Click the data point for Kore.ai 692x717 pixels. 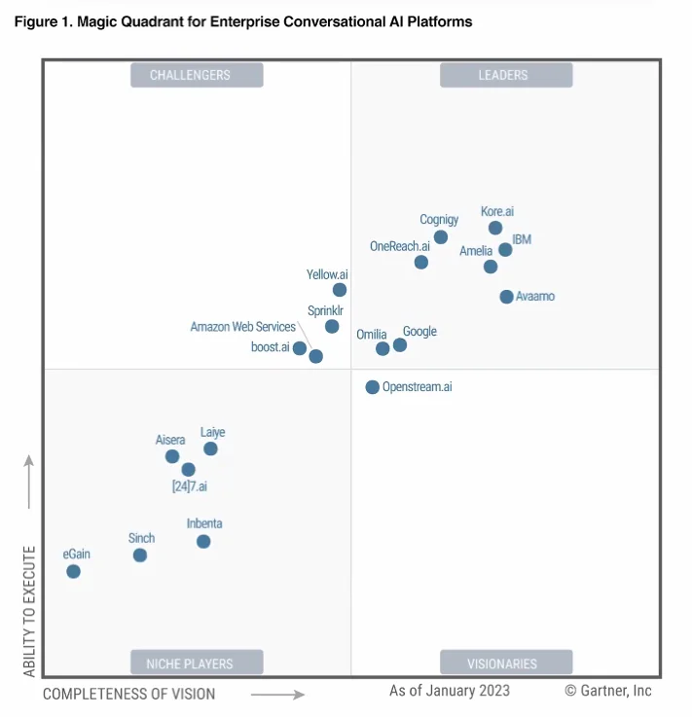coord(495,228)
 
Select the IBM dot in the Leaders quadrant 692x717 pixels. coord(505,250)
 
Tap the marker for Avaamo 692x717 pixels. coord(506,297)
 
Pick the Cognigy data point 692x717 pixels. coord(441,236)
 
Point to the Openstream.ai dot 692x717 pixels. coord(372,387)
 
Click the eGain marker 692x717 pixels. coord(73,571)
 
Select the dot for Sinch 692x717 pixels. coord(140,556)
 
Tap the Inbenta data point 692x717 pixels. coord(203,542)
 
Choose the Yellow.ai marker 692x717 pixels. coord(340,290)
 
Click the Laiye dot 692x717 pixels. coord(210,448)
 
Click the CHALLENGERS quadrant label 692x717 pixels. coord(197,75)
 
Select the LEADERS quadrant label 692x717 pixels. coord(506,75)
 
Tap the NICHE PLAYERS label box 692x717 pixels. coord(197,663)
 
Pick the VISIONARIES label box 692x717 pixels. coord(506,663)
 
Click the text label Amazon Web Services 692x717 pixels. coord(242,327)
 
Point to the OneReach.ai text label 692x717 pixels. coord(399,246)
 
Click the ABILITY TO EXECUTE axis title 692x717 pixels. coord(29,611)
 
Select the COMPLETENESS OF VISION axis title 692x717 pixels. coord(129,694)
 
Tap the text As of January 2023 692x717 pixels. coord(449,691)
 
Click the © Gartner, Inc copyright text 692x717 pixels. coord(607,691)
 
